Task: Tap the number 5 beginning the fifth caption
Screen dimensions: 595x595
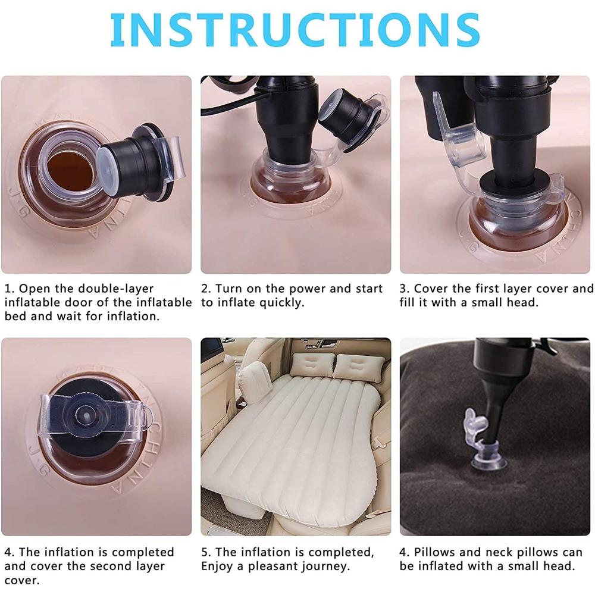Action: tap(205, 553)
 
